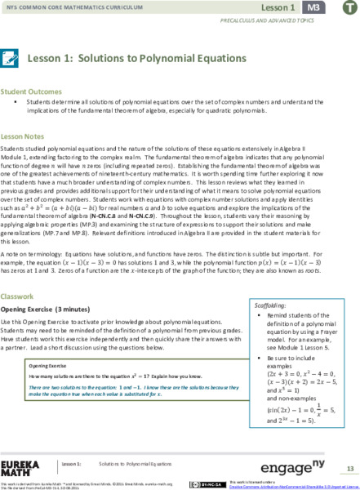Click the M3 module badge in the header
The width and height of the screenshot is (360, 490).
(x=314, y=8)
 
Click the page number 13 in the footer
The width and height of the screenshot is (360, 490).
(x=349, y=468)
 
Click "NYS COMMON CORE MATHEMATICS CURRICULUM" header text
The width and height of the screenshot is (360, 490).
(x=69, y=7)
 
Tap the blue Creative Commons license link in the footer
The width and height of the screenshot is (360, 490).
(x=278, y=486)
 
